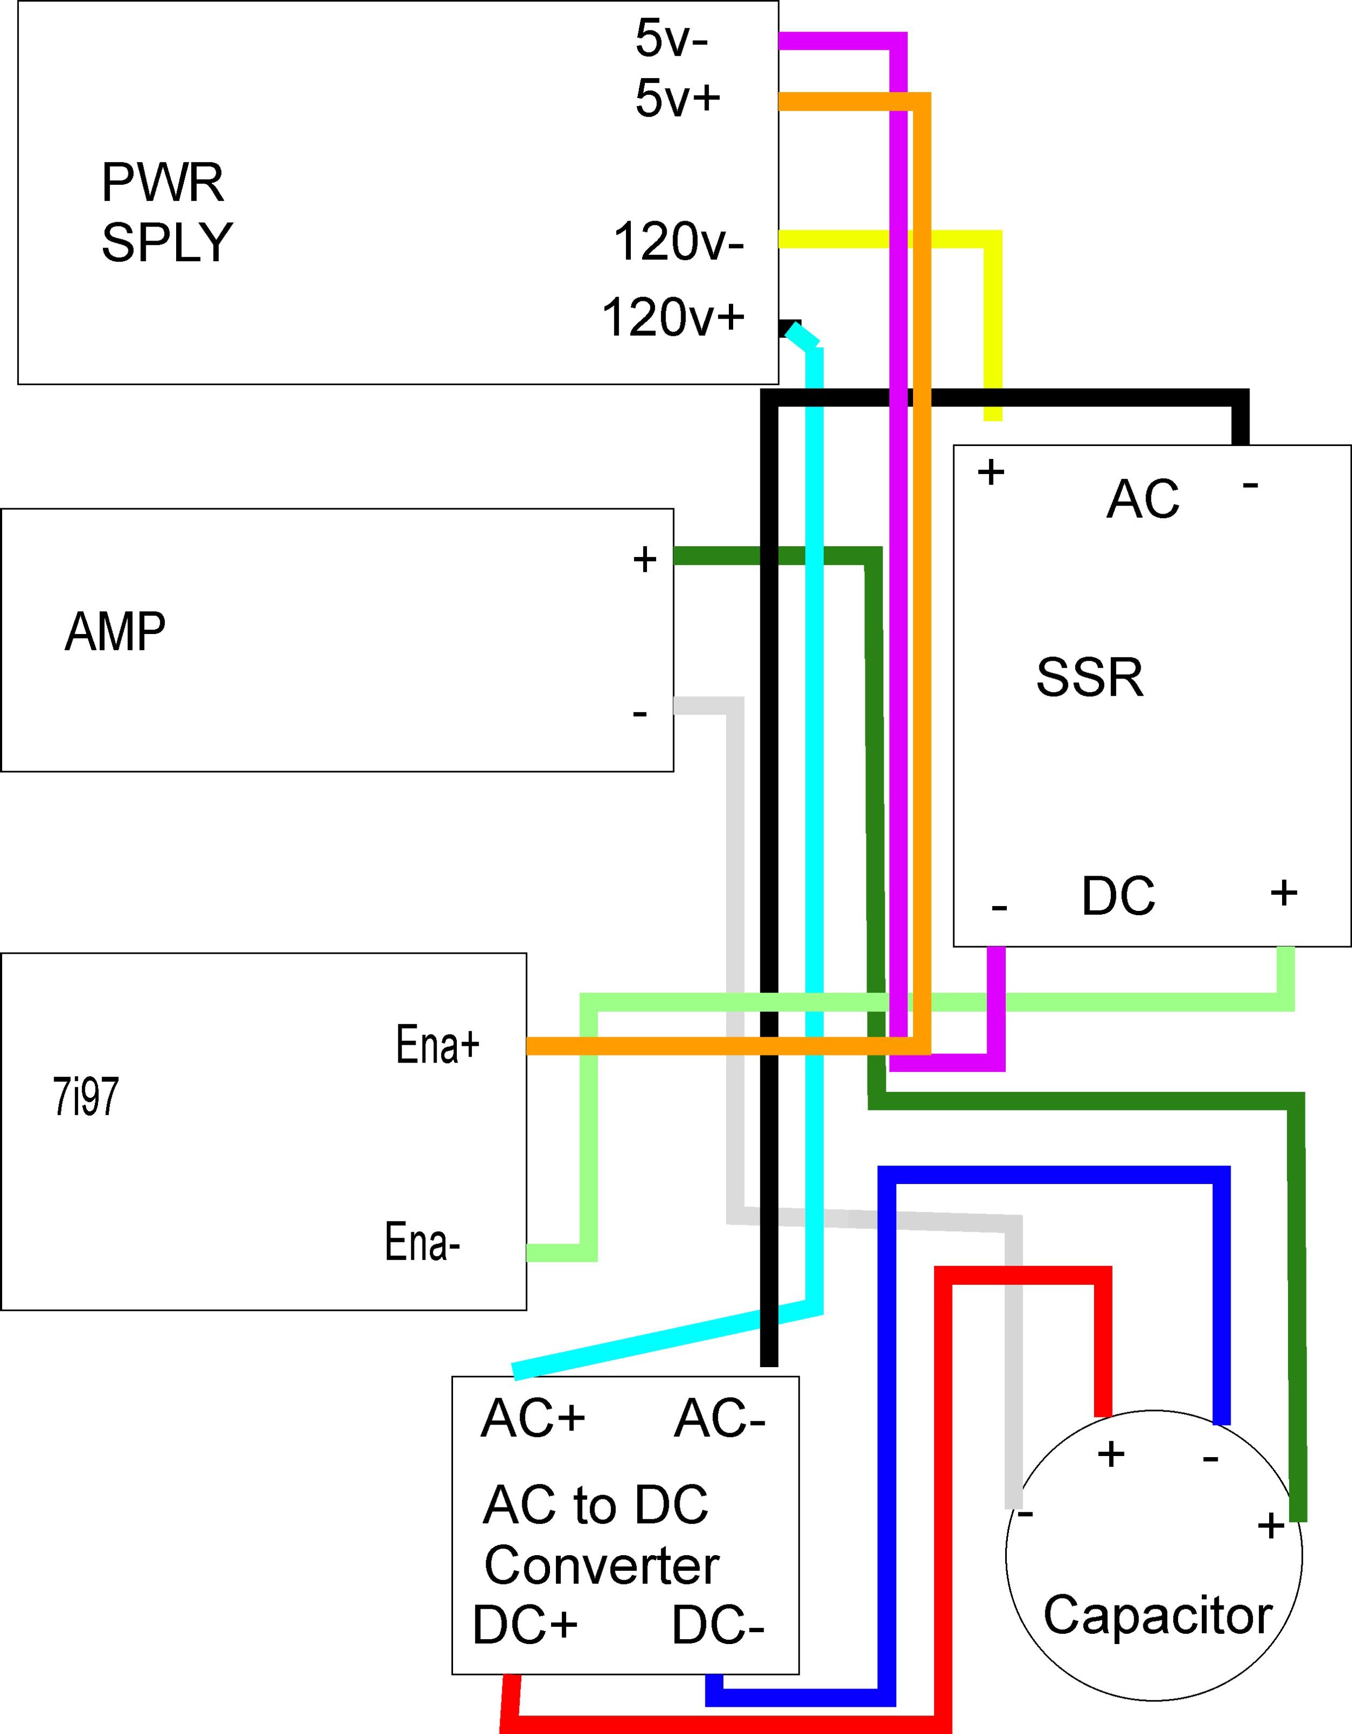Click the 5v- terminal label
(671, 38)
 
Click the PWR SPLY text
(166, 212)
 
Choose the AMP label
(115, 632)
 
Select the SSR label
(1089, 677)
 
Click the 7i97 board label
(86, 1098)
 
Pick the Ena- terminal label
(422, 1242)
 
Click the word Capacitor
(1157, 1615)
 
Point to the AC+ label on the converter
(533, 1418)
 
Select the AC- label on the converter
(719, 1419)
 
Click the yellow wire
(992, 318)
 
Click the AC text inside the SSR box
(1142, 500)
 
